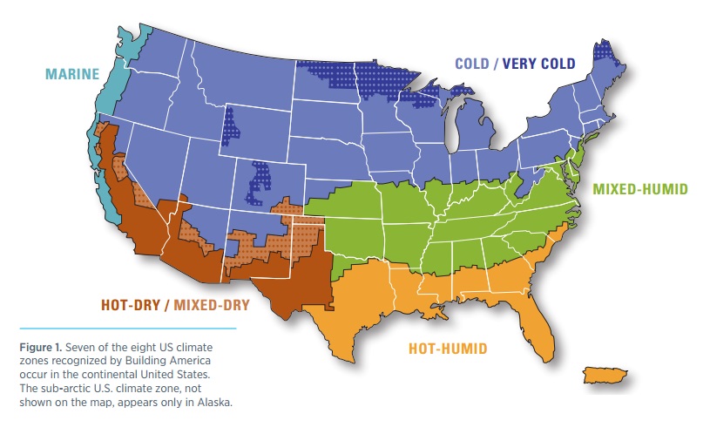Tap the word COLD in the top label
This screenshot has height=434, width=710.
[474, 63]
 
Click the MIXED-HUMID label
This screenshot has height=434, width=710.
[641, 187]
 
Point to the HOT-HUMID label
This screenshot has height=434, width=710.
[448, 349]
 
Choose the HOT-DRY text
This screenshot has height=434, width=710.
[130, 305]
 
